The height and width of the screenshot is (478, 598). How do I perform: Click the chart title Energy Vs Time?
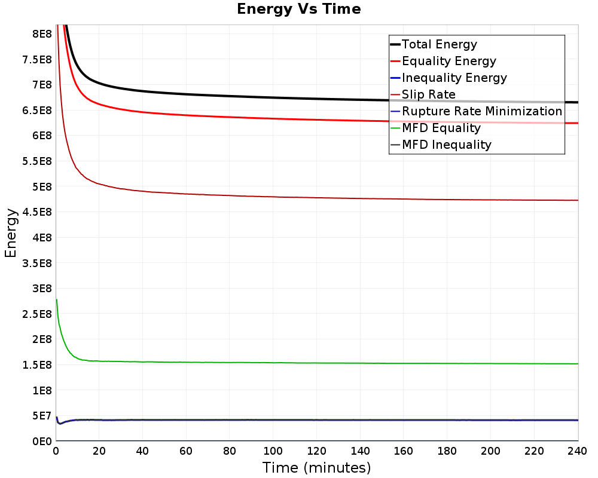299,9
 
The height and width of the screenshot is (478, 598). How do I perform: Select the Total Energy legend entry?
440,44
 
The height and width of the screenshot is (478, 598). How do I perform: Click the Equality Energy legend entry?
449,61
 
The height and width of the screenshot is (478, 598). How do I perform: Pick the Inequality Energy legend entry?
454,78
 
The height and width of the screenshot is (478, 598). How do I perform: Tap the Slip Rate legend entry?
429,94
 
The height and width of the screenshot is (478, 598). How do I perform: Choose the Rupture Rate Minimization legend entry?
482,111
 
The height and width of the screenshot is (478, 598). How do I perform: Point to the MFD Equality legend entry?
441,128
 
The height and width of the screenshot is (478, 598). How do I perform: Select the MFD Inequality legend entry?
447,145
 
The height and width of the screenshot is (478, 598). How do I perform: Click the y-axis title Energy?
10,233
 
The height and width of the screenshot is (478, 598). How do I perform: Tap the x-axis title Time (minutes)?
316,467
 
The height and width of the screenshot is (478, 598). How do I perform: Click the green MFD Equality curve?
299,363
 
